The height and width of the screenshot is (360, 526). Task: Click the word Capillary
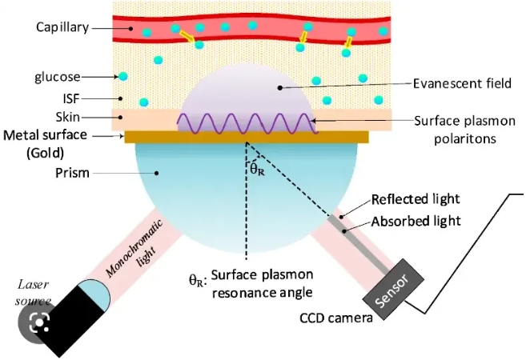point(62,27)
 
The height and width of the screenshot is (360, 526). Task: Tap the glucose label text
point(57,77)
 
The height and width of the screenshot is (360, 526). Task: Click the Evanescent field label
point(455,82)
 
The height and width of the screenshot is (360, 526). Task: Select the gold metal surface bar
point(247,137)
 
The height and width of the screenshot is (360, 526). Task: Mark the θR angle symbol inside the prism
point(258,169)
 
